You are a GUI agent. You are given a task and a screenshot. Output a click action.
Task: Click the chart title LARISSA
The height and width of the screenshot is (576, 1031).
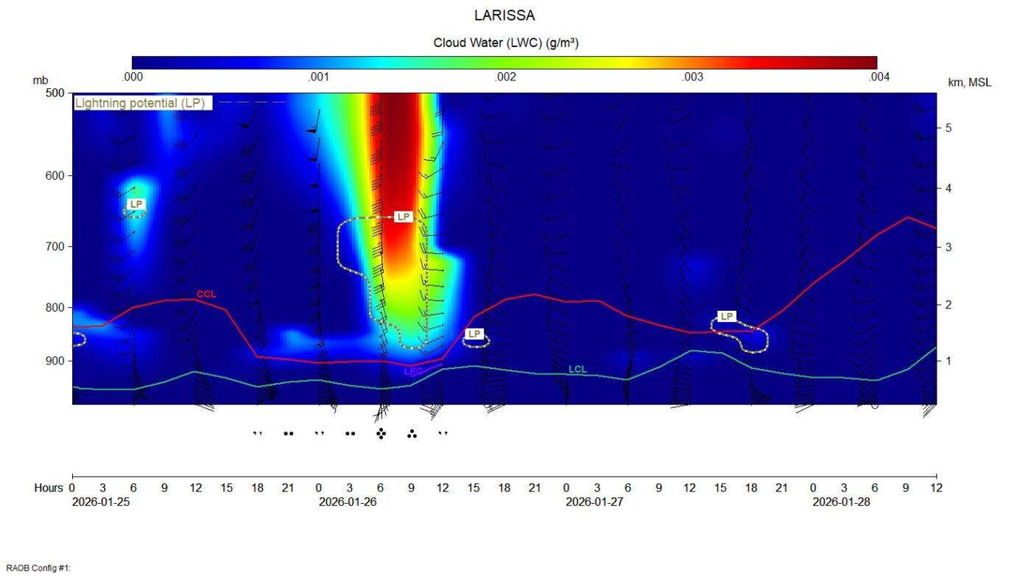(504, 15)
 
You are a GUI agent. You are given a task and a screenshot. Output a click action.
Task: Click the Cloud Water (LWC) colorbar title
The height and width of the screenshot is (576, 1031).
(505, 43)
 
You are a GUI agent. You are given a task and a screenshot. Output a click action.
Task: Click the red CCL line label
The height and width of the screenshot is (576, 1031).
(206, 295)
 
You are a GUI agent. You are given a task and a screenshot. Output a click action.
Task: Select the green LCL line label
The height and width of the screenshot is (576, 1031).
(578, 369)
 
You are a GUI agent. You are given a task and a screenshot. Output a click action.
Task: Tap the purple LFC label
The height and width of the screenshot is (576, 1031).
(414, 372)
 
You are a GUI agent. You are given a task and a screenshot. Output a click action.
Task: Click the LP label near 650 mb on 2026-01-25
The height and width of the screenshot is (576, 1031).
(136, 204)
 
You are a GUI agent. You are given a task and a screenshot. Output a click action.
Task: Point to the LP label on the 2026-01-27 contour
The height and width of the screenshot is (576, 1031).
(727, 317)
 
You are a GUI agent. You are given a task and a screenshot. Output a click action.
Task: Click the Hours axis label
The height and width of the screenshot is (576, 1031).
(49, 488)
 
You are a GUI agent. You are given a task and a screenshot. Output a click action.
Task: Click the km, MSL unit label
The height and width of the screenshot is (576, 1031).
(969, 82)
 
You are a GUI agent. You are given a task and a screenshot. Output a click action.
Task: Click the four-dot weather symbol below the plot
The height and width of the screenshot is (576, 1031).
(381, 434)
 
